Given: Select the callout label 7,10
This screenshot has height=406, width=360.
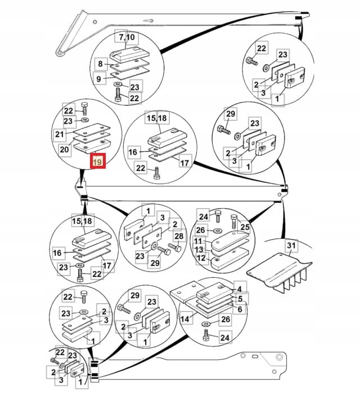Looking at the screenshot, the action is click(127, 37).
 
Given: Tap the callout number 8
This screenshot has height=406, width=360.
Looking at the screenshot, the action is click(101, 64).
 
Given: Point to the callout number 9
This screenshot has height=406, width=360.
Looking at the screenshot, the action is click(98, 79).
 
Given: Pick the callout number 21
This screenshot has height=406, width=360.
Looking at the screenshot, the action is click(60, 134).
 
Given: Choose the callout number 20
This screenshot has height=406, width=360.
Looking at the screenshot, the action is click(65, 150).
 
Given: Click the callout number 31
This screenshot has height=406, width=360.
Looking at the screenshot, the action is click(291, 245).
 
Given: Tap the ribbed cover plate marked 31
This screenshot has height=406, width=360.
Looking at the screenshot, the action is click(280, 273).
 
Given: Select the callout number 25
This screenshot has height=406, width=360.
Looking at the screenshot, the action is click(245, 227).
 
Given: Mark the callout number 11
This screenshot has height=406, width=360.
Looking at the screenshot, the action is click(199, 241).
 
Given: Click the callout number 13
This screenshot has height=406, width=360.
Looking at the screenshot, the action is click(199, 250).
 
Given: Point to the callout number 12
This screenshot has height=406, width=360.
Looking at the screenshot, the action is click(201, 259).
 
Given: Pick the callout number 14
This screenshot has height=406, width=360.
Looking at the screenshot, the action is click(185, 319).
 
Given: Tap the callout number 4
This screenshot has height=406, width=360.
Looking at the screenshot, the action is click(239, 288).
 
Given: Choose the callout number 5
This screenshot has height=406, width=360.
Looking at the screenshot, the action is click(240, 299).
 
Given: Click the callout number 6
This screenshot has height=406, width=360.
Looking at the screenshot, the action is click(240, 309).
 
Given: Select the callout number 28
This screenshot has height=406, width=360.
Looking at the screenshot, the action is click(179, 236).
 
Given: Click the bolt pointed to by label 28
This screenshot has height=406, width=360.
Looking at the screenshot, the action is click(175, 247).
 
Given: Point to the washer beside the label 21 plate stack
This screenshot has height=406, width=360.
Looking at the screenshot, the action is click(85, 120).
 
